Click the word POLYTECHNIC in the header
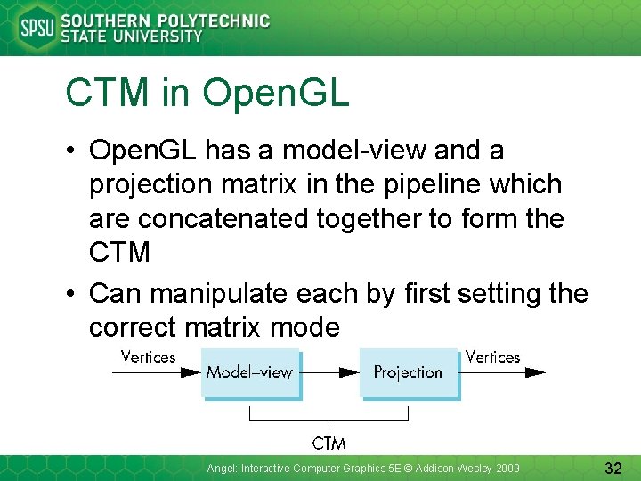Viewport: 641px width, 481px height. pyautogui.click(x=214, y=20)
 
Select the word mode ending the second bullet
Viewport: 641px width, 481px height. pyautogui.click(x=308, y=327)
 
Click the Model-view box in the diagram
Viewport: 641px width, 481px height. pyautogui.click(x=249, y=372)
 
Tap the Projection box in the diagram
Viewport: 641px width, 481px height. pyautogui.click(x=408, y=372)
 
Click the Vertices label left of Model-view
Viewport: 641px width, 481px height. pyautogui.click(x=148, y=357)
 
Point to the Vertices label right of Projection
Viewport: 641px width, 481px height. pyautogui.click(x=492, y=357)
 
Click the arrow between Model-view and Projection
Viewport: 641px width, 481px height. pyautogui.click(x=329, y=372)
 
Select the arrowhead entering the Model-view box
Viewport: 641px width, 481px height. pyautogui.click(x=191, y=372)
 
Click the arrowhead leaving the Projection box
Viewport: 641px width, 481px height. pyautogui.click(x=534, y=372)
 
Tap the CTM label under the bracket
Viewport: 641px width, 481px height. pyautogui.click(x=329, y=443)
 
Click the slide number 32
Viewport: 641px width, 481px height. pyautogui.click(x=612, y=468)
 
